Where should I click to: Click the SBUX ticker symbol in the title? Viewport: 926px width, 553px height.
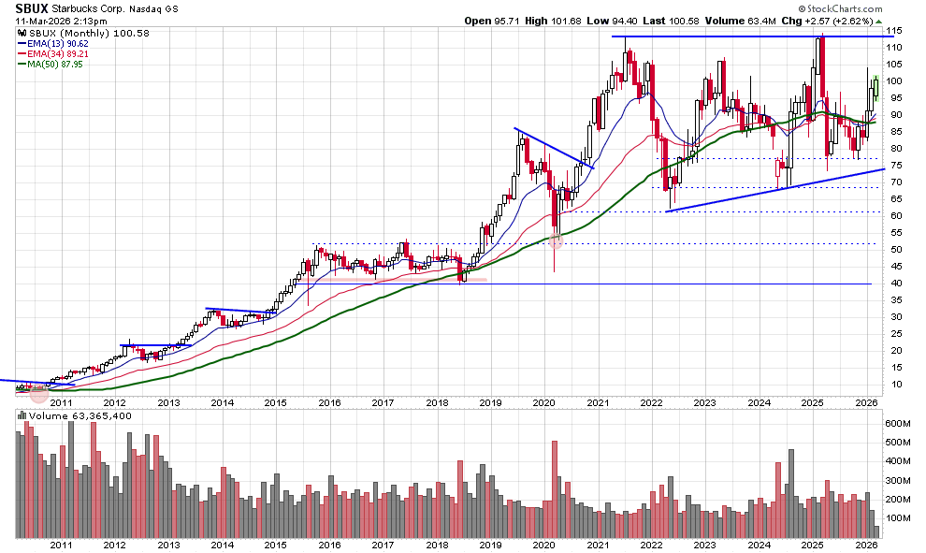[32, 7]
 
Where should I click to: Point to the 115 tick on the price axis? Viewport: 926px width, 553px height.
[896, 31]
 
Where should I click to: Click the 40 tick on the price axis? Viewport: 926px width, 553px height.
[894, 284]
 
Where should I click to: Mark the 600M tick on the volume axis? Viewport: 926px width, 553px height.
[899, 423]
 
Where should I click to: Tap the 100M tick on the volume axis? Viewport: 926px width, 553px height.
[899, 517]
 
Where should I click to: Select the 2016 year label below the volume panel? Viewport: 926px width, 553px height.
[329, 545]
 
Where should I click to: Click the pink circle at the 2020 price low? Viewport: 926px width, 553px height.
[556, 241]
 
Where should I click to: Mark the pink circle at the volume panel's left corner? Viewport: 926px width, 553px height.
[38, 394]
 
